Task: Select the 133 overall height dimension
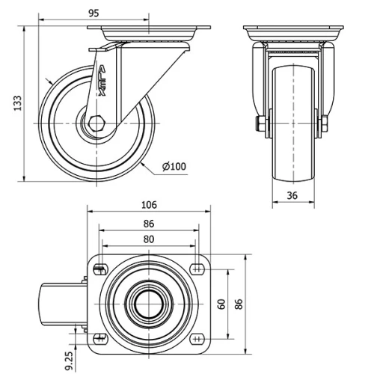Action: pos(16,103)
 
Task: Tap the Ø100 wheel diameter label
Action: pos(173,166)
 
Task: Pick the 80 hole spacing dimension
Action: pos(149,239)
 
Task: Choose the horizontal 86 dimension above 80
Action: pos(149,224)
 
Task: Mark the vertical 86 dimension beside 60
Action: pos(239,303)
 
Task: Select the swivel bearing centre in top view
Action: pos(148,303)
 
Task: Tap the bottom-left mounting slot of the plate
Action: pos(100,338)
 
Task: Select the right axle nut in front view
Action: pos(328,124)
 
